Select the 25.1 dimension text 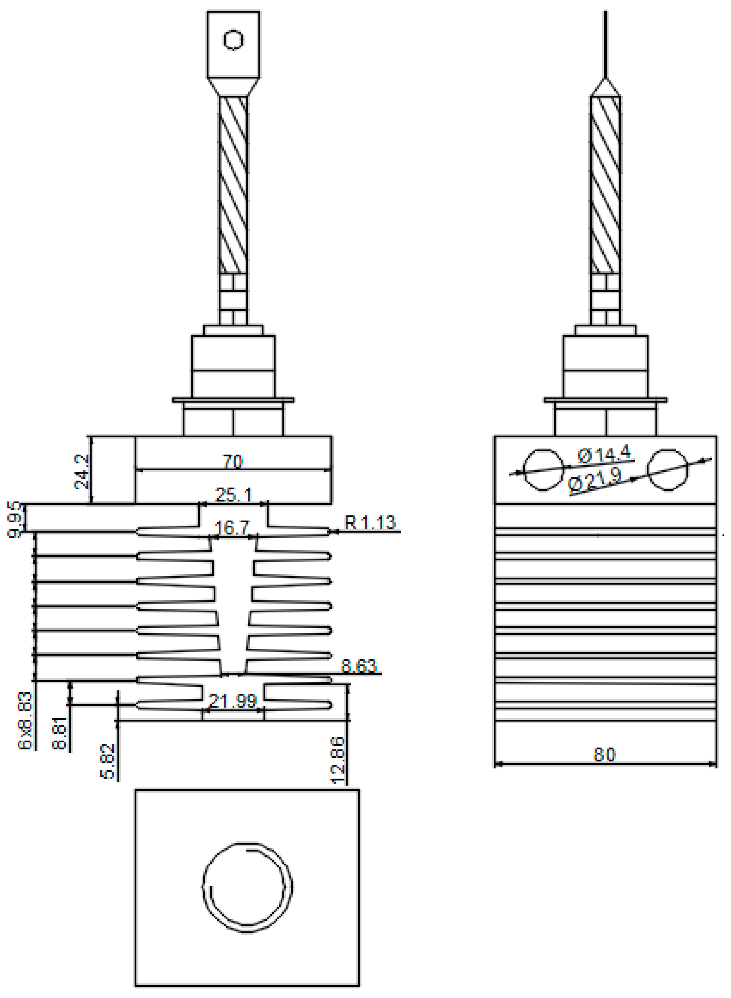233,495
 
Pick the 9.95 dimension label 14,519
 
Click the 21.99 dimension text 232,701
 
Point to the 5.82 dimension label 108,761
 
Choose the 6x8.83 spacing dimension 25,721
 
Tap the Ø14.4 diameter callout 604,454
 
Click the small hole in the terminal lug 233,40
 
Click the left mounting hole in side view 543,470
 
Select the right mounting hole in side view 667,470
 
